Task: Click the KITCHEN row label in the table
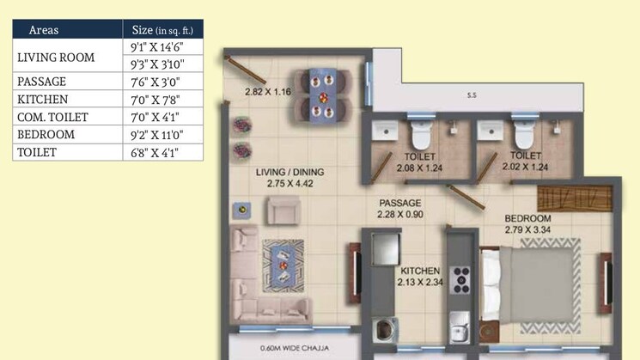click(x=42, y=99)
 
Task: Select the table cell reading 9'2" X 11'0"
click(x=156, y=135)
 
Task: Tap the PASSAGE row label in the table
click(x=41, y=82)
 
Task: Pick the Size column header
click(x=162, y=30)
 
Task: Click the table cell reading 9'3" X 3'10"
click(x=157, y=64)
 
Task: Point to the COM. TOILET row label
click(x=52, y=117)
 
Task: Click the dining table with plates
click(x=322, y=95)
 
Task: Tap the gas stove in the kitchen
click(x=461, y=279)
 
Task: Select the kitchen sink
click(x=460, y=327)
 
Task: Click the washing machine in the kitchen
click(x=385, y=329)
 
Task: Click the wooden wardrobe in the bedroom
click(x=575, y=198)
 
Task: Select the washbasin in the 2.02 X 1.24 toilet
click(x=491, y=130)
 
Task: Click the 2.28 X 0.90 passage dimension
click(x=400, y=214)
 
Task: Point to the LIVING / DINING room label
click(x=290, y=172)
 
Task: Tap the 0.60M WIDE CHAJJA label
click(x=295, y=348)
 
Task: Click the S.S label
click(x=472, y=95)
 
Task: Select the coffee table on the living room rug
click(x=283, y=265)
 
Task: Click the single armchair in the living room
click(x=283, y=211)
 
